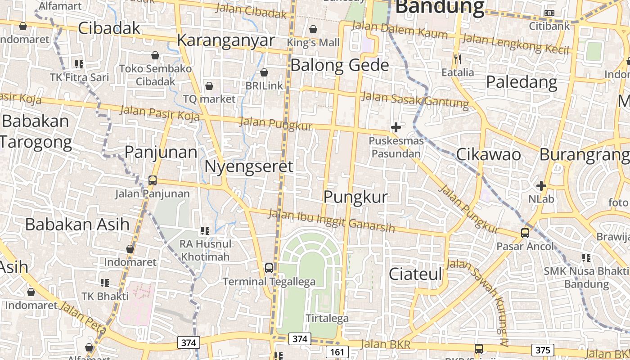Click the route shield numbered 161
[337, 351]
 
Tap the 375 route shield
[543, 350]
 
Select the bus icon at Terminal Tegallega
[269, 268]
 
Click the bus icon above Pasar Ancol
[525, 233]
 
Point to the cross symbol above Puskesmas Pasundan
[396, 127]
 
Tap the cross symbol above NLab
[541, 185]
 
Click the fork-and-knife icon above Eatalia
[458, 59]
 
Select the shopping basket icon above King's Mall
[313, 29]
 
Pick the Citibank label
[549, 26]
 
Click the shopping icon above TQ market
[209, 85]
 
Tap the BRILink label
[264, 85]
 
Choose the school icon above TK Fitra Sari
[79, 64]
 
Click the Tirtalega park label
[327, 318]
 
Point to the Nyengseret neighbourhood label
[249, 166]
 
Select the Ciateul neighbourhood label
[415, 274]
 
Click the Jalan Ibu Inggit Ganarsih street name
[332, 221]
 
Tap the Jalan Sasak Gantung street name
[415, 99]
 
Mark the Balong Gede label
[339, 65]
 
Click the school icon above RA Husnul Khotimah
[205, 231]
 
